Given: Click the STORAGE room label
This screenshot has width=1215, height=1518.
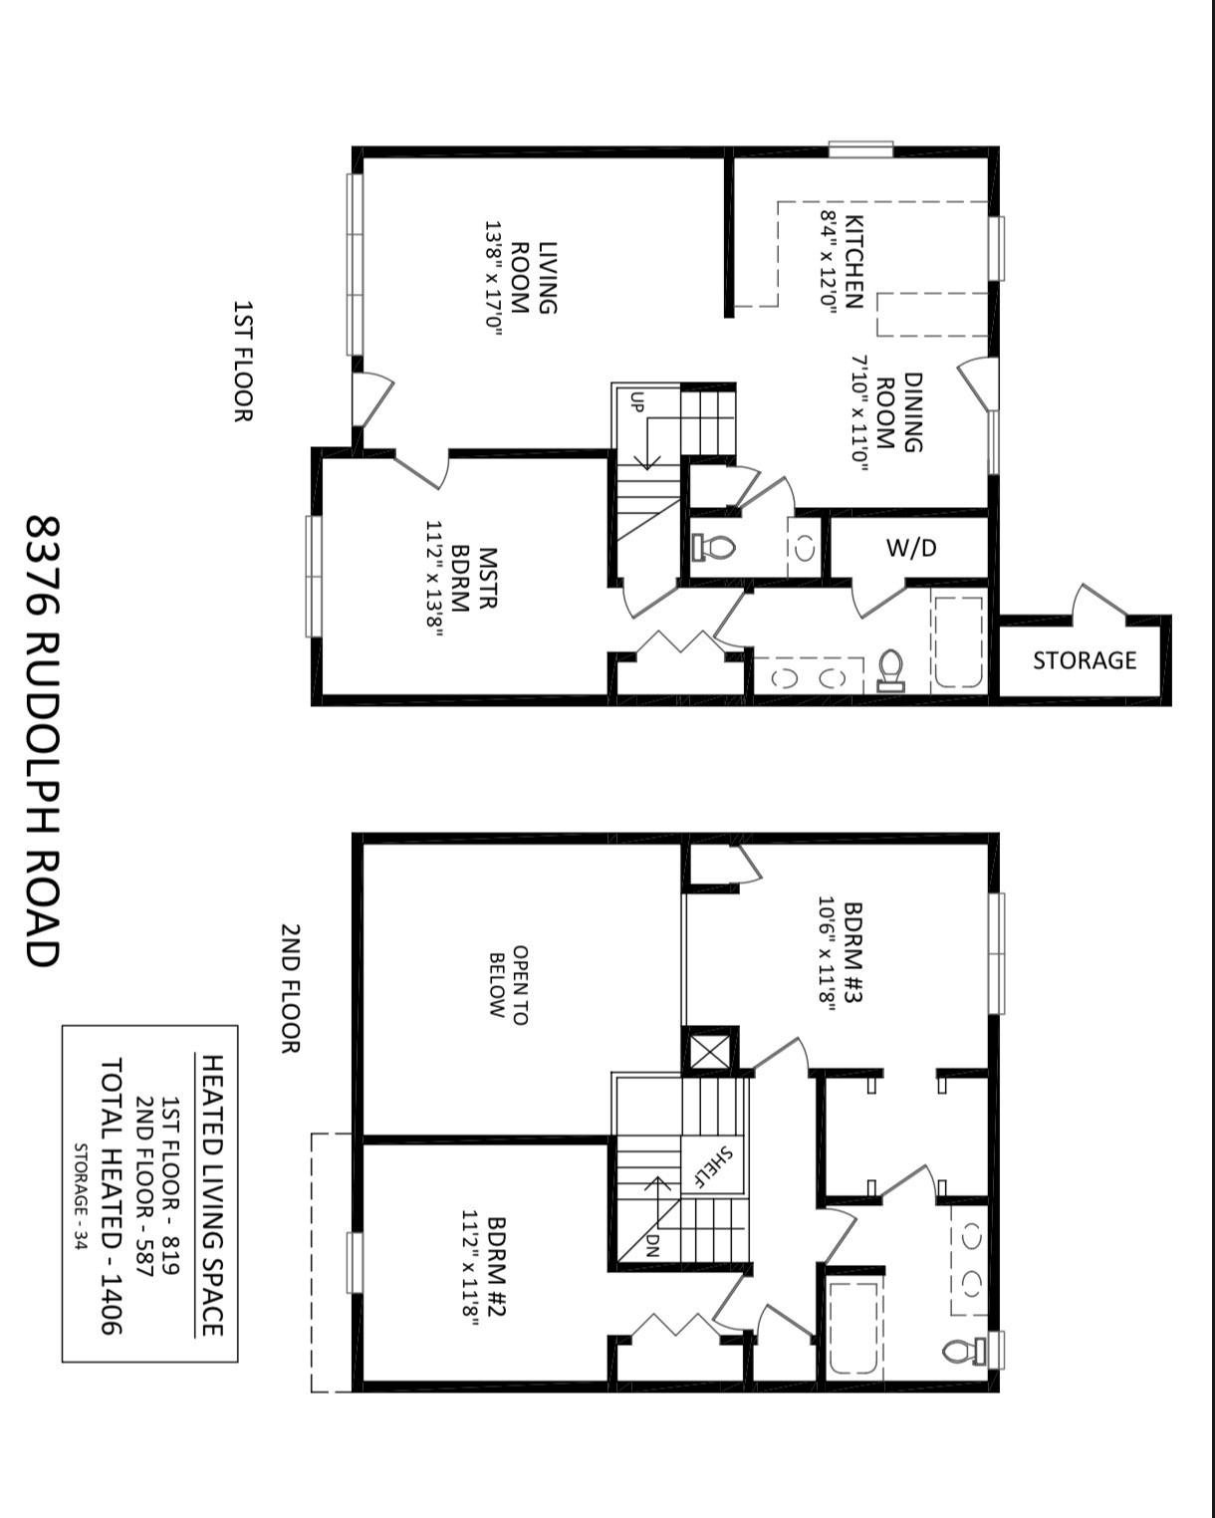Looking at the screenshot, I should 1084,660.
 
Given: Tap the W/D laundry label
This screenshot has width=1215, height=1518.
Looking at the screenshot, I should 911,548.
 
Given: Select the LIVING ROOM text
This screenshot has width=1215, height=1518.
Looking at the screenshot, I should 534,278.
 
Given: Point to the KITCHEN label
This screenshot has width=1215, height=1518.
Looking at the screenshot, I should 842,262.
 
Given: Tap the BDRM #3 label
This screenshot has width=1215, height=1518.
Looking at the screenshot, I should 839,956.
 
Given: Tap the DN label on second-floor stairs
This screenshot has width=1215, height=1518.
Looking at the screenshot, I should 652,1246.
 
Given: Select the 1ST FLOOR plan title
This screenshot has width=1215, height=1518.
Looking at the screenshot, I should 242,361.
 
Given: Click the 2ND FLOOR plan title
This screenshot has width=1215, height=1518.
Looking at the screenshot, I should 290,988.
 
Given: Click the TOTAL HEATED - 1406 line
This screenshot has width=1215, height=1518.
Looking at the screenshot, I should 110,1195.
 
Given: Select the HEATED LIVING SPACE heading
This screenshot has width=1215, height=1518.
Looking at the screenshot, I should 211,1195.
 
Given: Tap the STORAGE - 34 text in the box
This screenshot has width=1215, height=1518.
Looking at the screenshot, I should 81,1195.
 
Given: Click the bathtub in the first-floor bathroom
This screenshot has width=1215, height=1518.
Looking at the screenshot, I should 958,642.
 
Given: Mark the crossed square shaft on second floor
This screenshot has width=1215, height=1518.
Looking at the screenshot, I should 710,1051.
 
